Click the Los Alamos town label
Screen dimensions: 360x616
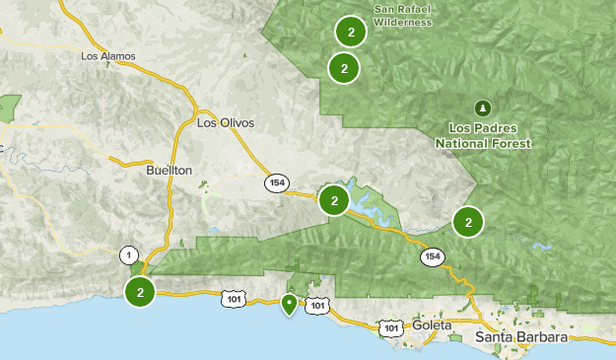(x=107, y=56)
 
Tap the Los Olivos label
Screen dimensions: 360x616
(x=226, y=122)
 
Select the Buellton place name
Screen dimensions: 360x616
(x=169, y=170)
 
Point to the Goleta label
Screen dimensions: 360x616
(x=433, y=324)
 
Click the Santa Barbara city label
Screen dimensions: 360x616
(x=521, y=337)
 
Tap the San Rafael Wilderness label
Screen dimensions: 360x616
(x=403, y=16)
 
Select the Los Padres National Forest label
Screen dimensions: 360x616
(x=483, y=136)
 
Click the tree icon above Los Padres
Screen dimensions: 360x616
(x=482, y=107)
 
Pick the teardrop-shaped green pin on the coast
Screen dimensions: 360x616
(x=289, y=305)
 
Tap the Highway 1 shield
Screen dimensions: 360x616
(x=128, y=255)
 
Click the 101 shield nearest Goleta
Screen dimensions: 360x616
(x=391, y=328)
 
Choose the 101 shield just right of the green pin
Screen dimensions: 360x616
(x=316, y=307)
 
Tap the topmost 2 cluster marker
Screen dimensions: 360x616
(x=351, y=32)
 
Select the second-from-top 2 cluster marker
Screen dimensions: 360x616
(x=344, y=68)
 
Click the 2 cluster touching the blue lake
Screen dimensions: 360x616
(x=335, y=201)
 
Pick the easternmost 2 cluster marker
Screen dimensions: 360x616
(x=468, y=222)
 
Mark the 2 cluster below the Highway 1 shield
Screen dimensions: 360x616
(x=141, y=292)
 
